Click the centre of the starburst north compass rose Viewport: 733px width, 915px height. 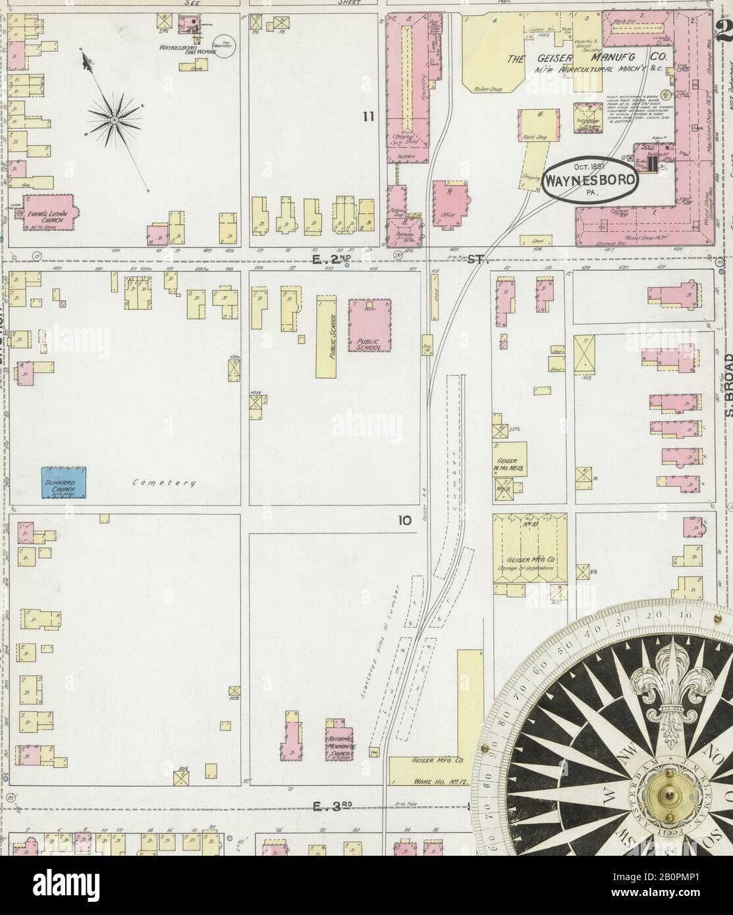[114, 120]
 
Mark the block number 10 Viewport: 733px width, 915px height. [404, 520]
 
